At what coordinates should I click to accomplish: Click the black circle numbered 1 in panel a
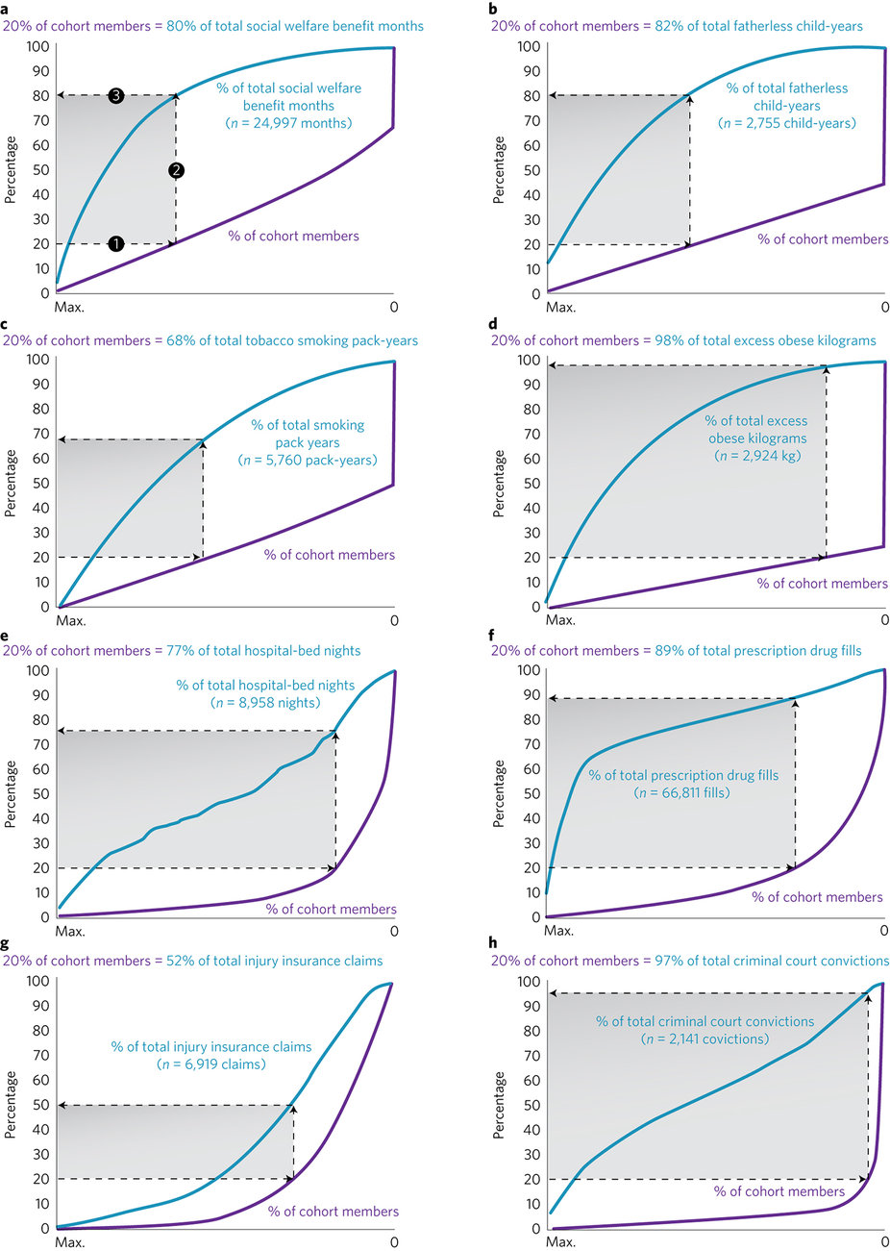115,244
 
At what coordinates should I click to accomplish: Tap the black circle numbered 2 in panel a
176,170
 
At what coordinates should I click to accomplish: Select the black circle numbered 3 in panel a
115,95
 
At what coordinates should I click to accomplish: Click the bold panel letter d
493,324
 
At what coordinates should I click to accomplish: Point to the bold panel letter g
6,945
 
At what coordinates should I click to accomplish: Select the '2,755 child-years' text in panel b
800,123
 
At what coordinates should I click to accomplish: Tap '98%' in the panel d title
658,340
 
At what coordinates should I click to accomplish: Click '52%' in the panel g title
169,961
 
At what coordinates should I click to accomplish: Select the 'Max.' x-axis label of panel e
70,931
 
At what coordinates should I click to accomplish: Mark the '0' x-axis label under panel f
884,931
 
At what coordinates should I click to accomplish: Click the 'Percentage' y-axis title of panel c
11,483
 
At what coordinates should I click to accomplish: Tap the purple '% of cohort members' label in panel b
823,239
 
